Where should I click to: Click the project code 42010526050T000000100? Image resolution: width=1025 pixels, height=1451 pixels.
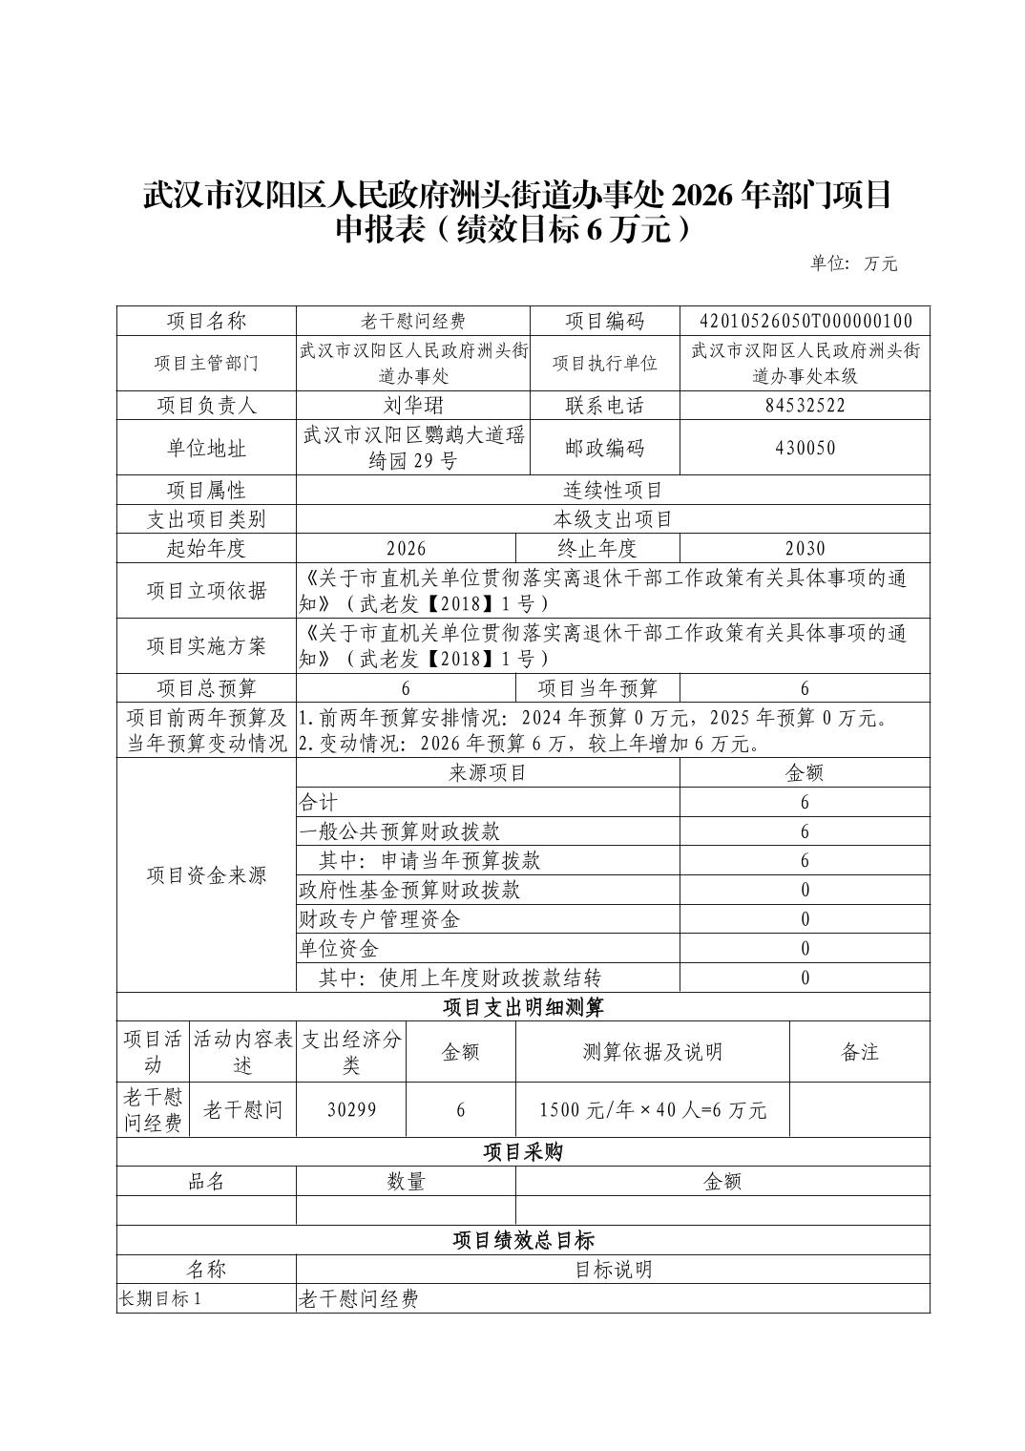[805, 321]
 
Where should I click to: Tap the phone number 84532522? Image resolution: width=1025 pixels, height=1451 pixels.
[805, 405]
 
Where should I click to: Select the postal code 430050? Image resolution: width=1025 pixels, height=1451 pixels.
[805, 448]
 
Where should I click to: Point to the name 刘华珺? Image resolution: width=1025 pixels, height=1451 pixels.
[412, 405]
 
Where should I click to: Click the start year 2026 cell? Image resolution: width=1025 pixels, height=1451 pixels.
[406, 548]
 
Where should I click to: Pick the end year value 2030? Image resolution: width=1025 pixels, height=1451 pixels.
[805, 548]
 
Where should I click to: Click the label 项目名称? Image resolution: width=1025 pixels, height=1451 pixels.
[206, 321]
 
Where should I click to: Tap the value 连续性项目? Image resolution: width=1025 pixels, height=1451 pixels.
[613, 491]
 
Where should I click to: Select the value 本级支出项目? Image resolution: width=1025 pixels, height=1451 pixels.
[613, 519]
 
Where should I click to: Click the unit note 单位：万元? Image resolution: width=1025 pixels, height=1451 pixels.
[853, 263]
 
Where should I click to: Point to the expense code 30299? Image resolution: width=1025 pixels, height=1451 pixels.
[351, 1109]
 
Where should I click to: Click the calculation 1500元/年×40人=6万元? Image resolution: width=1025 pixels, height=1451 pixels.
[653, 1109]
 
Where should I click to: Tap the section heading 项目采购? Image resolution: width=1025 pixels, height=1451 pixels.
[523, 1152]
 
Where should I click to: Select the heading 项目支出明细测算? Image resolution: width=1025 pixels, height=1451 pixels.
[523, 1007]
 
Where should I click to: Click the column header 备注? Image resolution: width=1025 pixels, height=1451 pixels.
[859, 1052]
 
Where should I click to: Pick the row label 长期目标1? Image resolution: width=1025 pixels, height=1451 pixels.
[160, 1299]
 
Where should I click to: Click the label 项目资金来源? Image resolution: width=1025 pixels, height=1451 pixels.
[206, 875]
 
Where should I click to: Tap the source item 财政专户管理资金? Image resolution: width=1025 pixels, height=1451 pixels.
[379, 919]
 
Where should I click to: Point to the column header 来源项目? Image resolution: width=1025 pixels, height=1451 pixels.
[488, 773]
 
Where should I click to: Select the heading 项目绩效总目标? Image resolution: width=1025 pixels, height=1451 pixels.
[523, 1240]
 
